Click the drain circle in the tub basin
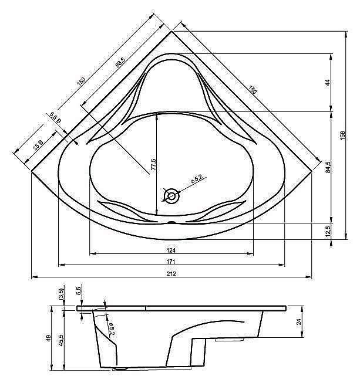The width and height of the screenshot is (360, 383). [171, 196]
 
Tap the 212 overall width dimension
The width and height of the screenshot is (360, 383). [171, 273]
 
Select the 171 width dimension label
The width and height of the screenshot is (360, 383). [171, 262]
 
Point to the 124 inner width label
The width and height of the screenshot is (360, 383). [171, 250]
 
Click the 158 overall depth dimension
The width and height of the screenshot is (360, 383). [342, 135]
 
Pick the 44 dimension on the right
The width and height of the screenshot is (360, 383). [328, 82]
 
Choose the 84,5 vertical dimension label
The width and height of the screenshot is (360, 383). [328, 167]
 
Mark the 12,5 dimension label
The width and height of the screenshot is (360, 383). [328, 231]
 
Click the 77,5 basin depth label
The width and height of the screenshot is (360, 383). [153, 165]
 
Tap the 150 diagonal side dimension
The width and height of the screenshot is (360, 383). [81, 81]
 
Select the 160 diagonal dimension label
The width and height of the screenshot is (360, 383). [253, 90]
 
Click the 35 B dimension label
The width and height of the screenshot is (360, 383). [38, 145]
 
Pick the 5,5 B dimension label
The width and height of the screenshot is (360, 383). [56, 117]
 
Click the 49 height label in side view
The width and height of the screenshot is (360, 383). [49, 338]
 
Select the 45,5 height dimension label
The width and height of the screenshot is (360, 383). [61, 340]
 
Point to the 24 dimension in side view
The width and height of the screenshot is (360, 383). [299, 322]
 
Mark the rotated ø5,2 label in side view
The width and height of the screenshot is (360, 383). [112, 329]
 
